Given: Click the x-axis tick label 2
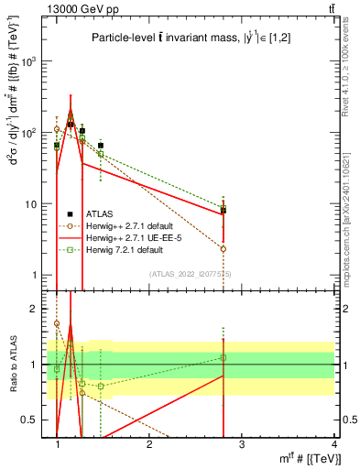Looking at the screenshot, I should click(149, 444).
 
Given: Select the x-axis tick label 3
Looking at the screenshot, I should click(242, 444).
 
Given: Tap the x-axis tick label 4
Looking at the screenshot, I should click(334, 444).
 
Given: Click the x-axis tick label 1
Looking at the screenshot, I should click(57, 444).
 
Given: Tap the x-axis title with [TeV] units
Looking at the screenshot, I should click(306, 459).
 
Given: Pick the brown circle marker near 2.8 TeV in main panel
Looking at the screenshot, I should click(224, 248).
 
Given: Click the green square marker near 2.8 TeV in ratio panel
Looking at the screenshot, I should click(224, 357).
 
